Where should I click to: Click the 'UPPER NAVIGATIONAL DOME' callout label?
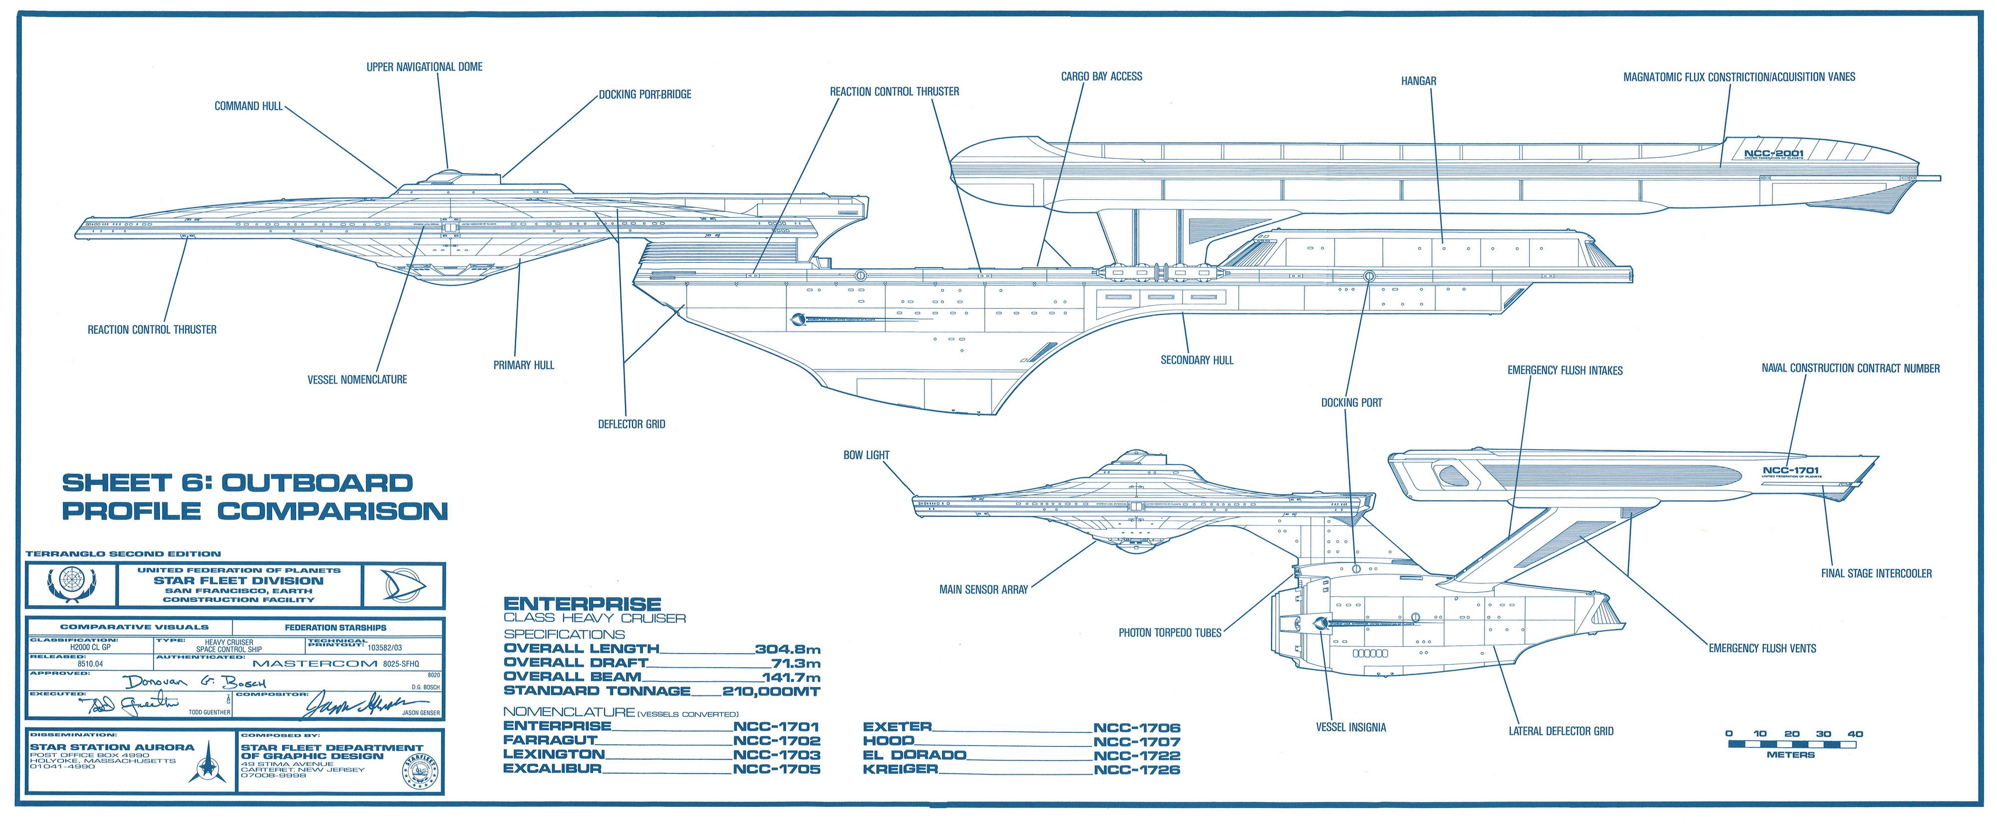(x=424, y=67)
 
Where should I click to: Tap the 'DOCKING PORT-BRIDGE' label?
(x=645, y=95)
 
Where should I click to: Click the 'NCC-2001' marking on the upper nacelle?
(x=1774, y=154)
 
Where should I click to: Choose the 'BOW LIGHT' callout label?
(x=866, y=455)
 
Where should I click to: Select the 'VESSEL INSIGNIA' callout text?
(x=1351, y=728)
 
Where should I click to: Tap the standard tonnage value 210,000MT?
(x=771, y=691)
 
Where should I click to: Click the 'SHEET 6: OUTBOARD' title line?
(x=237, y=483)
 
